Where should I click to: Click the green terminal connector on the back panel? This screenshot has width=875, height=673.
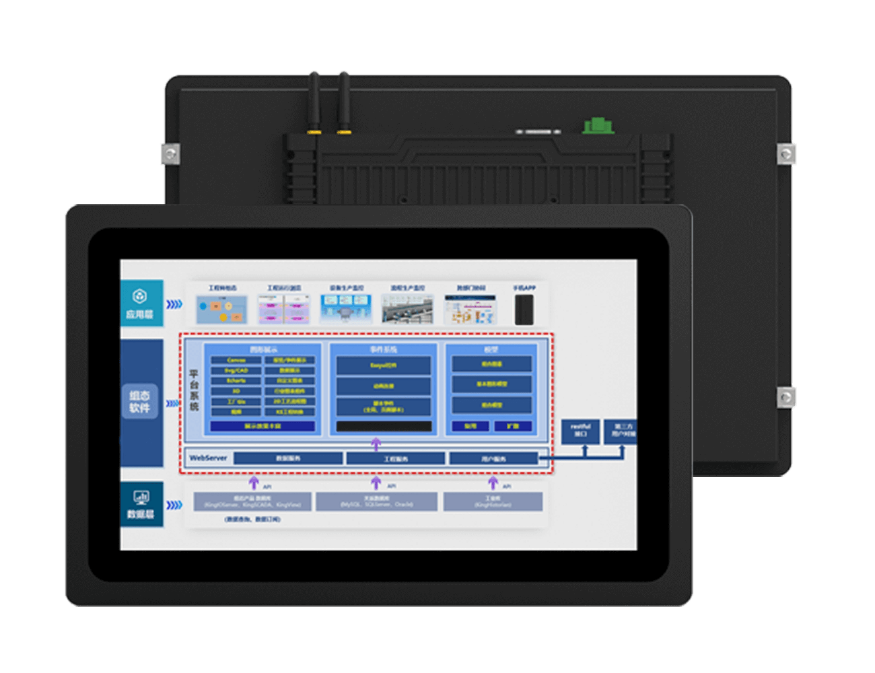coord(598,126)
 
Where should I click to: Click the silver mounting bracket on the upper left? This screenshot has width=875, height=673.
coord(170,154)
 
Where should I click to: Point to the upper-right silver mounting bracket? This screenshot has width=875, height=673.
coord(785,154)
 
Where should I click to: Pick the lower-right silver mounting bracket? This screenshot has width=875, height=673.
coord(785,397)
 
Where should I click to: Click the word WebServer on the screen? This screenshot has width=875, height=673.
coord(208,458)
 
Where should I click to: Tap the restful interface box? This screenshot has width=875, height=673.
coord(580,431)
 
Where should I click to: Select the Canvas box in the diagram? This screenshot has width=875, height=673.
coord(236,360)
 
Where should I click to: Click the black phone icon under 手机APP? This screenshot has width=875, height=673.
coord(524,310)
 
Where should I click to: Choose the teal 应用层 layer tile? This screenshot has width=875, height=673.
coord(141,304)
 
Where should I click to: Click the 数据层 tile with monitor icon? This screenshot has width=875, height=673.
coord(141,504)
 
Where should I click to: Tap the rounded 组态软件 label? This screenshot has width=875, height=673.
coord(140,402)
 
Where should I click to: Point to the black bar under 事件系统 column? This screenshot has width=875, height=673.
coord(384,427)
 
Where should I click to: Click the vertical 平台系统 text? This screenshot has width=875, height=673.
coord(194,390)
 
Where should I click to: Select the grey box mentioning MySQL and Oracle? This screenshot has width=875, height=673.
coord(376,501)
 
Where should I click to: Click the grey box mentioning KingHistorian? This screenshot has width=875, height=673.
coord(493,501)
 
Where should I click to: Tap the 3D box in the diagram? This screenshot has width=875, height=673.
coord(236,391)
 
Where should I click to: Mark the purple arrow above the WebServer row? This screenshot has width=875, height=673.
coord(376,444)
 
